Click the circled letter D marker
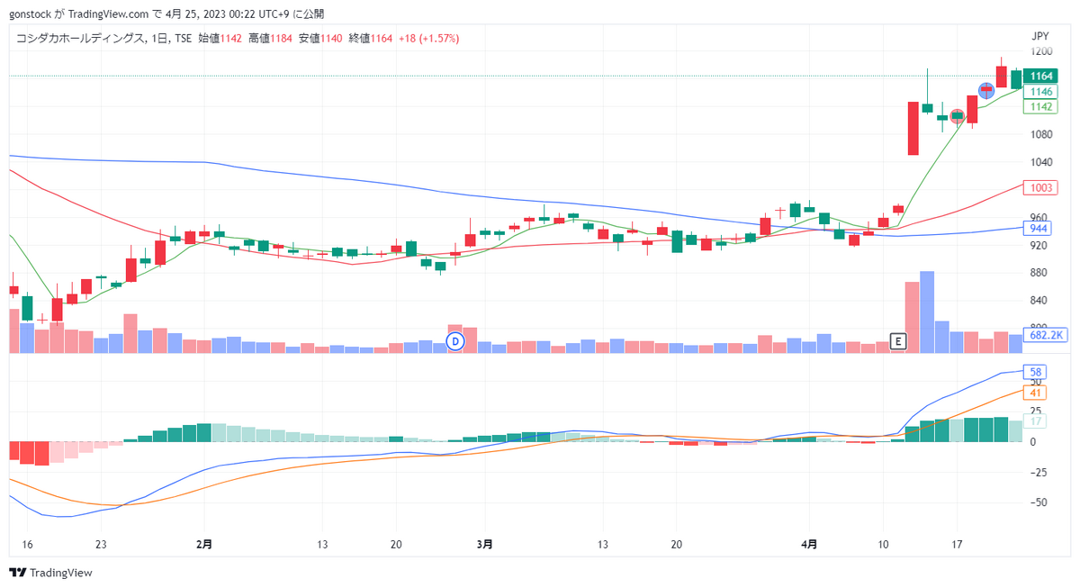click(x=455, y=341)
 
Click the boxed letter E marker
click(x=898, y=341)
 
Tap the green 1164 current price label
click(x=1040, y=76)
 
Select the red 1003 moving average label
click(x=1040, y=187)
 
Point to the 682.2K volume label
click(x=1045, y=335)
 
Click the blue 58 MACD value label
click(x=1035, y=372)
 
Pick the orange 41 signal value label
click(x=1035, y=394)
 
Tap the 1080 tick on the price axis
click(x=1041, y=134)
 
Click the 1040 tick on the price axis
click(x=1041, y=162)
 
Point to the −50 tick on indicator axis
click(x=1038, y=502)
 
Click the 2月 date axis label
click(x=204, y=544)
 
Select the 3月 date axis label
click(x=484, y=544)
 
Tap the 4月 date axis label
click(x=809, y=544)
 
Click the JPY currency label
click(x=1040, y=36)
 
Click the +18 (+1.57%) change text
click(x=428, y=39)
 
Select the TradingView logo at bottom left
click(x=50, y=573)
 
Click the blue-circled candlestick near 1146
click(x=986, y=90)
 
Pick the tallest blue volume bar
click(x=927, y=312)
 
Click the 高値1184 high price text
click(x=270, y=39)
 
